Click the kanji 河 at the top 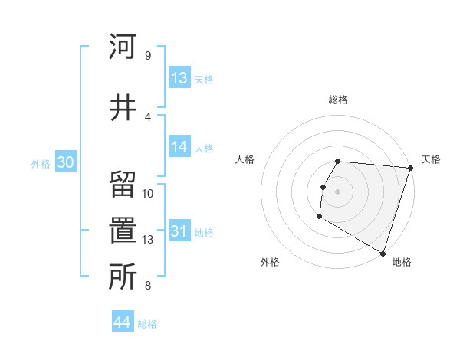click(x=122, y=47)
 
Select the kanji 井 click(x=122, y=106)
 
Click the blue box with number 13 click(x=179, y=77)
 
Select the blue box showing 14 click(x=179, y=147)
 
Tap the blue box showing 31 click(x=179, y=231)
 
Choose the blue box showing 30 click(x=65, y=162)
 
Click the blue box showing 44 click(x=123, y=322)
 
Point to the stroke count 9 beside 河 click(x=147, y=56)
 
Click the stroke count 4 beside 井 click(x=147, y=116)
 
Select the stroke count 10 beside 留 click(x=148, y=194)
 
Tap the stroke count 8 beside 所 click(x=147, y=286)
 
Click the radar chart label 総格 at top click(x=338, y=100)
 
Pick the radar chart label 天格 click(x=431, y=159)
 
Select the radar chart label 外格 click(x=270, y=262)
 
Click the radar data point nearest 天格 click(x=410, y=168)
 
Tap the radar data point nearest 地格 click(x=382, y=253)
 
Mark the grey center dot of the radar click(x=338, y=191)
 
